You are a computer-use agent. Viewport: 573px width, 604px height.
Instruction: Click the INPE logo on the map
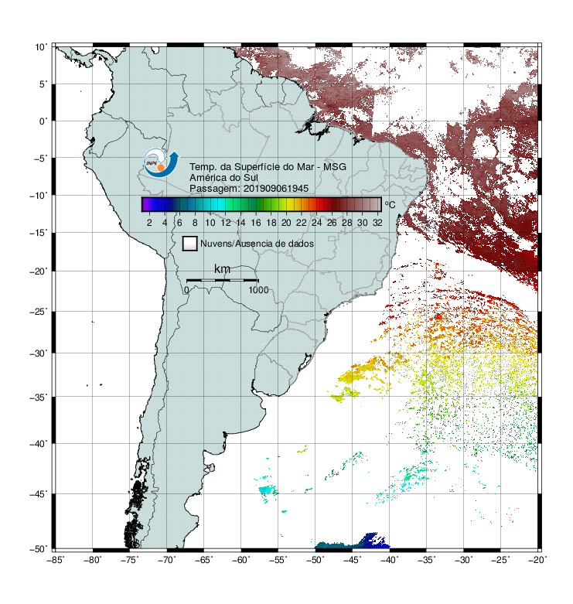pyautogui.click(x=161, y=163)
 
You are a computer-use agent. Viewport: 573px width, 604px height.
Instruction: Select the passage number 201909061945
pyautogui.click(x=276, y=189)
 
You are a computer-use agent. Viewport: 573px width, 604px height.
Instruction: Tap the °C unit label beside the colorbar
pyautogui.click(x=390, y=204)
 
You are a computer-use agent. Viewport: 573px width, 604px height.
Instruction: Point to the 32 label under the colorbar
pyautogui.click(x=377, y=223)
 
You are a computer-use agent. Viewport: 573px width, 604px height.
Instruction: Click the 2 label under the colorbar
pyautogui.click(x=149, y=223)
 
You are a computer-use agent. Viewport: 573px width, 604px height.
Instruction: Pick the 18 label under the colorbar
pyautogui.click(x=271, y=223)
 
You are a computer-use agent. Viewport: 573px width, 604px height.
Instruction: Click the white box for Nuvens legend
pyautogui.click(x=190, y=244)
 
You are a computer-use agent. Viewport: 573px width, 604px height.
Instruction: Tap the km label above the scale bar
pyautogui.click(x=222, y=268)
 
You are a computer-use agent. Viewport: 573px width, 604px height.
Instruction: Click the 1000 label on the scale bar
pyautogui.click(x=258, y=290)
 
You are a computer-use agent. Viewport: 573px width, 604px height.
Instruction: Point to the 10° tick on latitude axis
pyautogui.click(x=41, y=47)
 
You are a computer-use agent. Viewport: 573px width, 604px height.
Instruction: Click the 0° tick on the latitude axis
pyautogui.click(x=43, y=121)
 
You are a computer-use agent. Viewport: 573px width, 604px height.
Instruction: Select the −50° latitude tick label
pyautogui.click(x=39, y=549)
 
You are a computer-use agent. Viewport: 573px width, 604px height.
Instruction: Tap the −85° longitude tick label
pyautogui.click(x=56, y=560)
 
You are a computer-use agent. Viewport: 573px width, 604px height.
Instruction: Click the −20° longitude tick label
pyautogui.click(x=537, y=560)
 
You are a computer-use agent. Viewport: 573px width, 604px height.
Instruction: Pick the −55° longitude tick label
pyautogui.click(x=278, y=560)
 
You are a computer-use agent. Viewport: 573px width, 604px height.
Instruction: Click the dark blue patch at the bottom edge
pyautogui.click(x=373, y=541)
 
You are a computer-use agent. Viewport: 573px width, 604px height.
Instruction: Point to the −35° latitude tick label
pyautogui.click(x=39, y=398)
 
